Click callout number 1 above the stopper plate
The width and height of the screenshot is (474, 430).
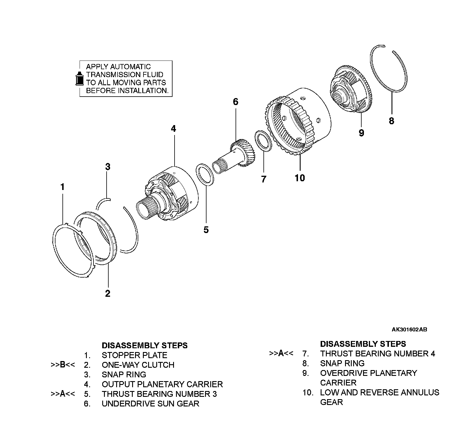[62, 187]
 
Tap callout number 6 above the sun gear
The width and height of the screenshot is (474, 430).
[235, 102]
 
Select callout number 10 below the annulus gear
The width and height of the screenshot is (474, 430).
[300, 178]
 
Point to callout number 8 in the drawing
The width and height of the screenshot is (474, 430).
[392, 121]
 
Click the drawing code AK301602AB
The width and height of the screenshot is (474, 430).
[409, 330]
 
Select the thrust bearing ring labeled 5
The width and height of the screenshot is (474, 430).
[206, 174]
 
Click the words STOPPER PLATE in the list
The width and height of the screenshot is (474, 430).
[134, 355]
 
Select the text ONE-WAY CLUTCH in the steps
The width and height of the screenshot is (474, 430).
[138, 365]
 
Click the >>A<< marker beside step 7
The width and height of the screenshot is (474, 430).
[281, 353]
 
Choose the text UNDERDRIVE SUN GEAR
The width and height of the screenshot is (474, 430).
[150, 404]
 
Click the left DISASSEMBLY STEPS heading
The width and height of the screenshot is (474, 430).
[145, 345]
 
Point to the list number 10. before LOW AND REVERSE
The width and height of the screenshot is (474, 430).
[308, 392]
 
